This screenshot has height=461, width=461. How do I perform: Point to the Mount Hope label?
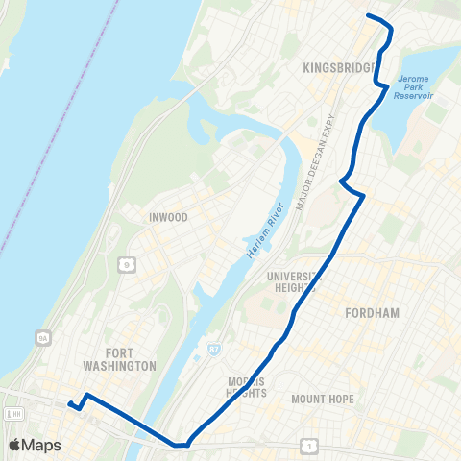pyautogui.click(x=323, y=399)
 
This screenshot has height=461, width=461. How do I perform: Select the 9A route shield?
pyautogui.click(x=41, y=337)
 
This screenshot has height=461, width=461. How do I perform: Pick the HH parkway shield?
pyautogui.click(x=12, y=413)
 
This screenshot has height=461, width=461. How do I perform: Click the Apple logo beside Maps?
pyautogui.click(x=15, y=445)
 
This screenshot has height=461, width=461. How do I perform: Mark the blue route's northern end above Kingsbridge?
pyautogui.click(x=369, y=16)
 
